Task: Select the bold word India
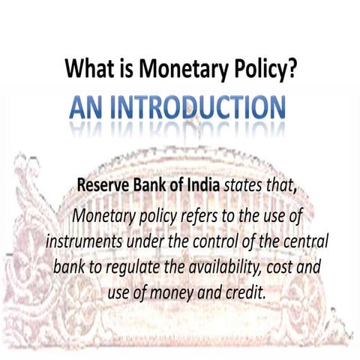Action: click(x=205, y=184)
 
